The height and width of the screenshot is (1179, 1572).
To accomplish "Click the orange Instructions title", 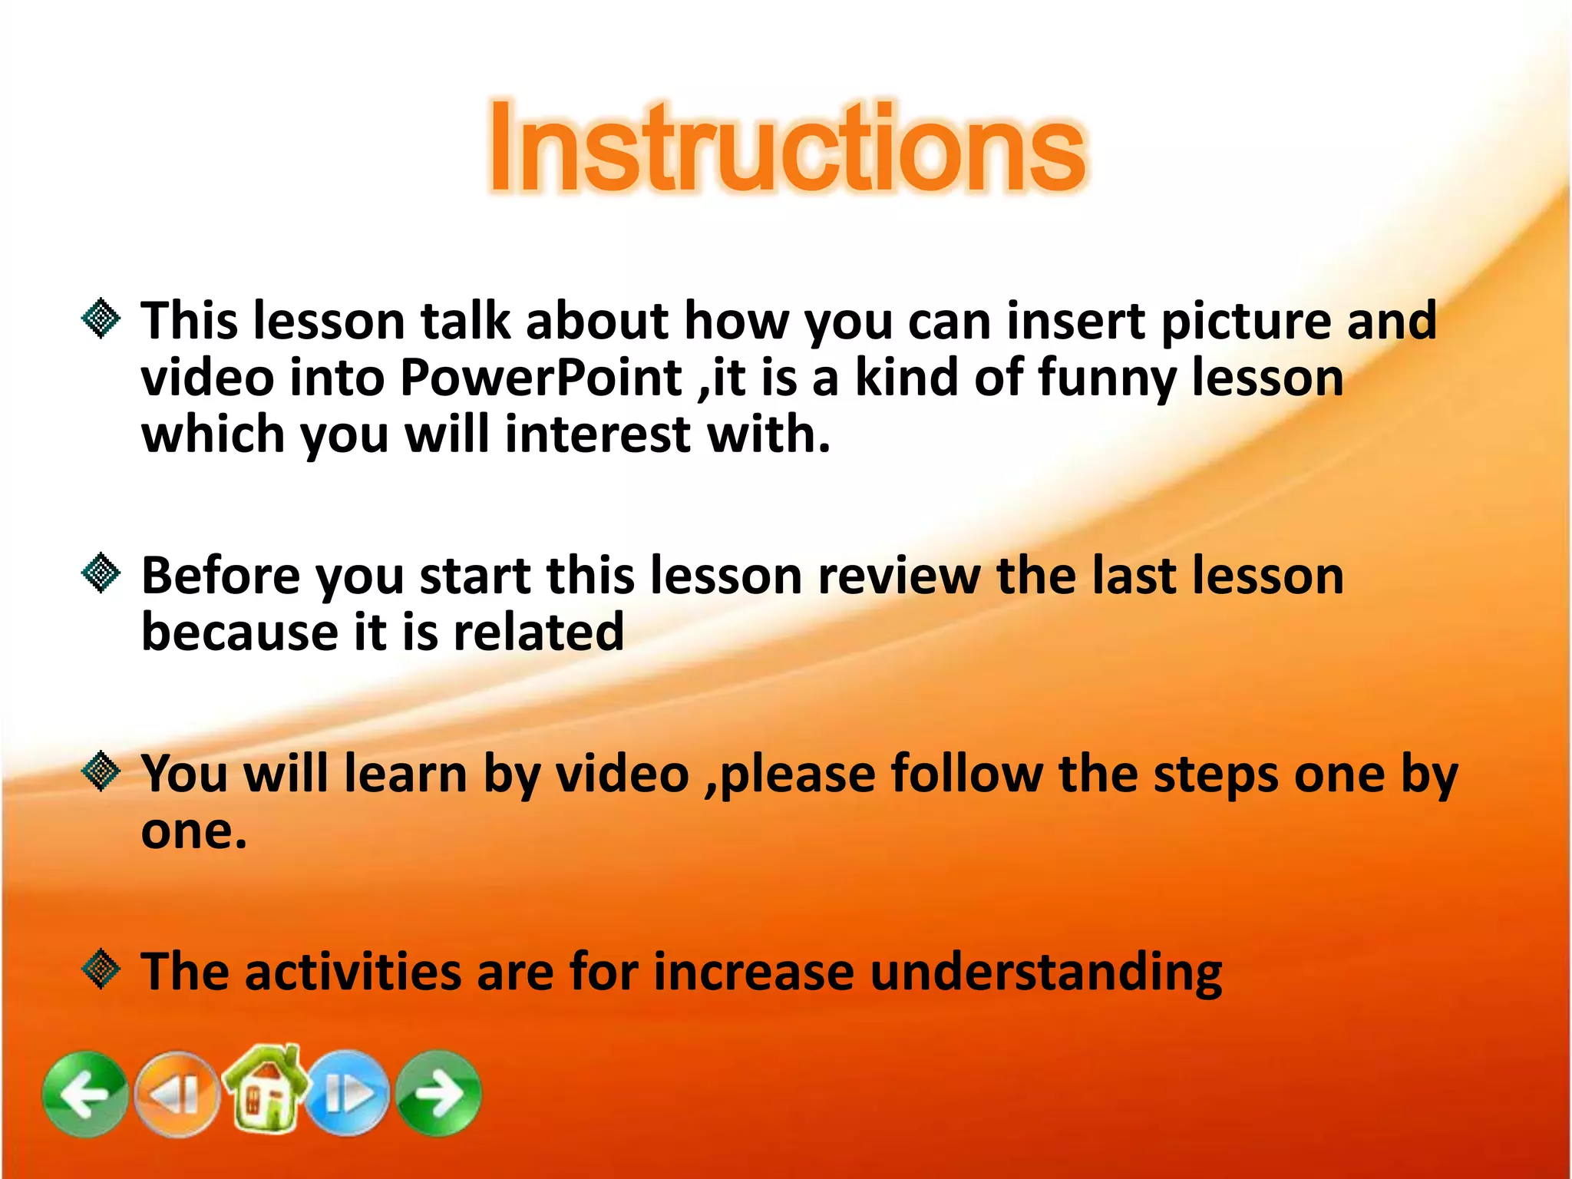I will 787,147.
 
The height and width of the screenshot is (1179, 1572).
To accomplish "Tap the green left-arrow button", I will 85,1093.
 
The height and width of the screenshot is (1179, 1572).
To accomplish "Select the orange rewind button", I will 177,1093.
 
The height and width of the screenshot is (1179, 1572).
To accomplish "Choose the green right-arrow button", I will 439,1093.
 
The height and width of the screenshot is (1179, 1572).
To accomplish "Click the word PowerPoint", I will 541,378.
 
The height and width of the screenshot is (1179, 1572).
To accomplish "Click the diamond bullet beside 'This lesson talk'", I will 101,319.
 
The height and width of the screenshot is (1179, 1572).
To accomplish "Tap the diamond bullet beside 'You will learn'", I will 101,771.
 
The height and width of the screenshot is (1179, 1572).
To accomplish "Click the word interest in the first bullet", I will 598,434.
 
